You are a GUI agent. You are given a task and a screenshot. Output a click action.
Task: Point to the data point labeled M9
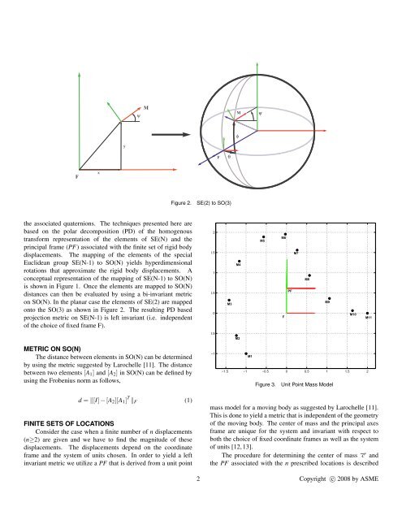pos(327,298)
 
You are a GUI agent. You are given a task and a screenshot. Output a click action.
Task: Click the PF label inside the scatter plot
pos(290,290)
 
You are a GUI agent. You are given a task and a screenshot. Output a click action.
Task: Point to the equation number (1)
pos(188,399)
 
